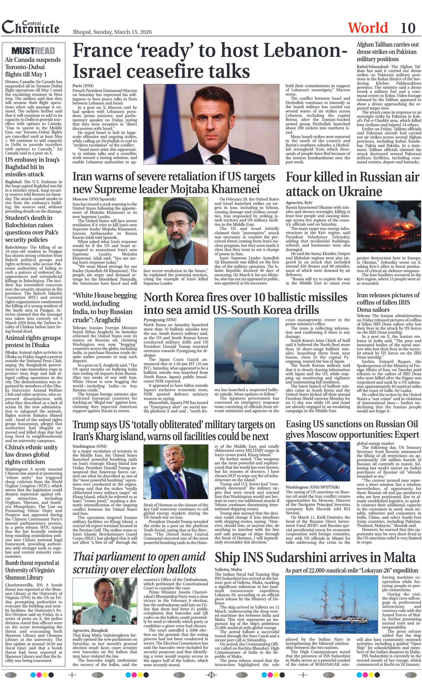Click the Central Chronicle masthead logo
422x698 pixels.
pos(31,27)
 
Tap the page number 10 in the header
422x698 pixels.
pos(408,28)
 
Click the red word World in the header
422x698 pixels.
pos(368,28)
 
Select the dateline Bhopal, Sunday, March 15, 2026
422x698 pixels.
pos(112,32)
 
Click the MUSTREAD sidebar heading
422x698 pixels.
pos(33,51)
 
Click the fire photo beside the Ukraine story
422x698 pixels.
pos(389,226)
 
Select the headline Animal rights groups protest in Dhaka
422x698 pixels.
pos(33,341)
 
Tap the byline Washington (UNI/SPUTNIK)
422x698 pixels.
pos(313,487)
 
